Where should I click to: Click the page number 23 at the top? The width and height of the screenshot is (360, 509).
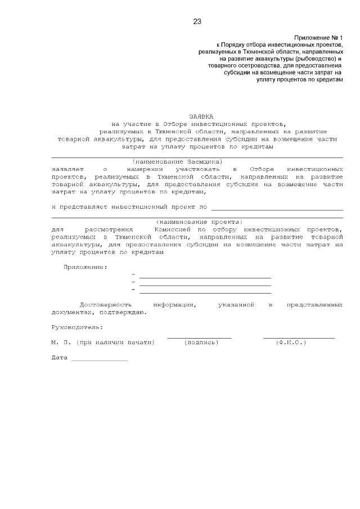(197, 22)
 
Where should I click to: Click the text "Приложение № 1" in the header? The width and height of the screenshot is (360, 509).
(318, 36)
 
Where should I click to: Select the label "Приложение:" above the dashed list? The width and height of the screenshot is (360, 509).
(85, 267)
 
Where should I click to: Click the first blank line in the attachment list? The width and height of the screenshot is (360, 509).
(205, 277)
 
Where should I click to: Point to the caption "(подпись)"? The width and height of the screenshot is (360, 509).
(201, 343)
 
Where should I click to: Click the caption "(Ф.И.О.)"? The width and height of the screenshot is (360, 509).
(291, 343)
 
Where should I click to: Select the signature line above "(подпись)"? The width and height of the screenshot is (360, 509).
(199, 337)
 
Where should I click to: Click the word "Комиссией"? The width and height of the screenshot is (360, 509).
(171, 229)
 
